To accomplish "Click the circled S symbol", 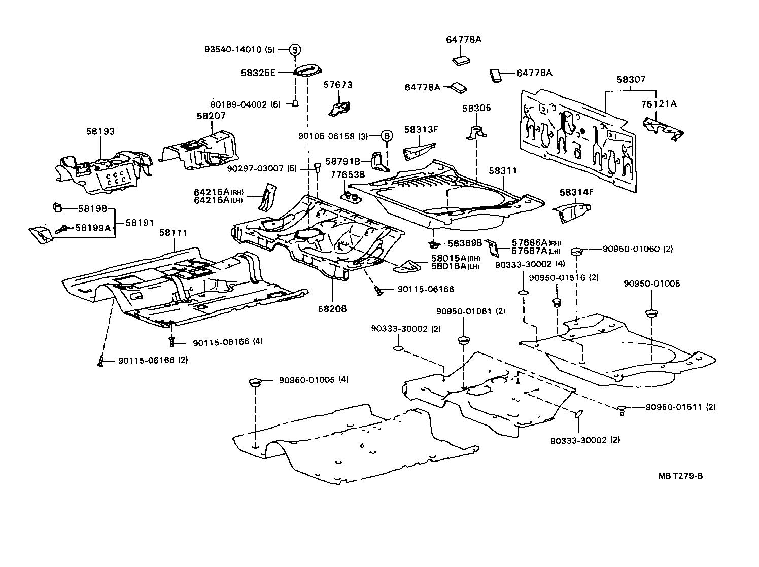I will [295, 50].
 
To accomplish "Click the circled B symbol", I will [387, 136].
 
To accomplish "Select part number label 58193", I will [100, 131].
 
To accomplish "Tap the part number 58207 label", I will [211, 116].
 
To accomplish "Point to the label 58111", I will [174, 233].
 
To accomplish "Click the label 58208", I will [332, 308].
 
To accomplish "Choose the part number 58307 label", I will [631, 80].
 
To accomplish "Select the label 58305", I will [476, 109].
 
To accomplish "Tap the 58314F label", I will [576, 192].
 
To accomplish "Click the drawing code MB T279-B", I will [680, 475].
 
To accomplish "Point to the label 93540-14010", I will [233, 50].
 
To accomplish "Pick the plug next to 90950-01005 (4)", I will [256, 382].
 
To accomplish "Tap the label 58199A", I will [92, 228].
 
